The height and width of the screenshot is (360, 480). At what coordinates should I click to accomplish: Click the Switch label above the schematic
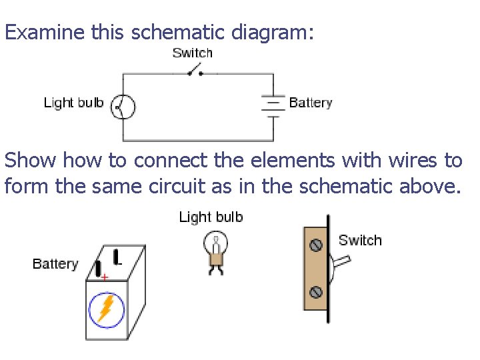point(192,53)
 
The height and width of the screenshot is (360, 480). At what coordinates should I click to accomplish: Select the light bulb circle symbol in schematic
point(123,105)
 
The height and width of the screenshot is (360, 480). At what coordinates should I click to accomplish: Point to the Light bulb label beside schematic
point(73,103)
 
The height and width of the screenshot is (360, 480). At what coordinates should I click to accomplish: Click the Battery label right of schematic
point(311,103)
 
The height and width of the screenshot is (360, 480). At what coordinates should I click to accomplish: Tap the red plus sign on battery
point(105,277)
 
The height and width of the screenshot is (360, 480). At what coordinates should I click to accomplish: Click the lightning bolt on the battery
point(107,309)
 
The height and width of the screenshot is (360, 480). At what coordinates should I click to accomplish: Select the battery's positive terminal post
point(98,269)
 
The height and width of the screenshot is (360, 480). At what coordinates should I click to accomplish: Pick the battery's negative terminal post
point(117,256)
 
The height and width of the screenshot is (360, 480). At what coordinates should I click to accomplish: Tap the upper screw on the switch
point(317,245)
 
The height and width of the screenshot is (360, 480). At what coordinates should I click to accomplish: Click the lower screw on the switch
point(317,291)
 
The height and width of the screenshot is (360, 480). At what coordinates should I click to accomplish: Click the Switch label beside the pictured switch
point(360,240)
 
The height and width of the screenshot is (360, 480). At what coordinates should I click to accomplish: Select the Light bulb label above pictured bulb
point(211,217)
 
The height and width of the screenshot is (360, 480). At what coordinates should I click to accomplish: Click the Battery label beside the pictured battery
point(55,264)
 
